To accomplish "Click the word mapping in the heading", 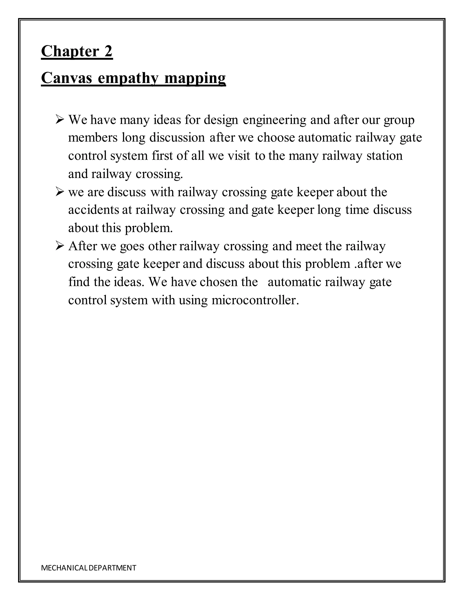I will point(195,78).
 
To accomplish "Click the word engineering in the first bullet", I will point(274,120).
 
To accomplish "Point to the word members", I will point(93,138).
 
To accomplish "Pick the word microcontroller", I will point(255,300).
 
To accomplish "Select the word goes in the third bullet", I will point(132,246).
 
